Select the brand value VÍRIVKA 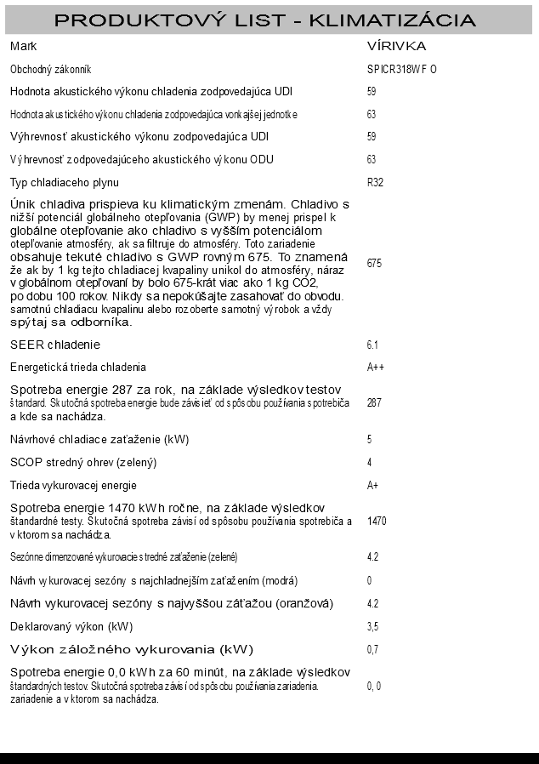click(396, 46)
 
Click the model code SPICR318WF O click(395, 69)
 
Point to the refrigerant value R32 click(374, 182)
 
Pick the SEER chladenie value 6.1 click(372, 345)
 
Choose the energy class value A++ click(375, 368)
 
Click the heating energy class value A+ click(372, 485)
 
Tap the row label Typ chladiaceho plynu click(64, 182)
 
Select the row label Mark click(23, 46)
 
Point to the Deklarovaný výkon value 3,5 click(372, 627)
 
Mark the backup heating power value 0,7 click(372, 650)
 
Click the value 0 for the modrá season click(369, 581)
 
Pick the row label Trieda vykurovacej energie click(73, 485)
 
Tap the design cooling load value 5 click(369, 439)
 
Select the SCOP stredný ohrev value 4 click(369, 462)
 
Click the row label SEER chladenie click(55, 345)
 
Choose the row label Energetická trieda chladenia click(78, 368)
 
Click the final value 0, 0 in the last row click(373, 686)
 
